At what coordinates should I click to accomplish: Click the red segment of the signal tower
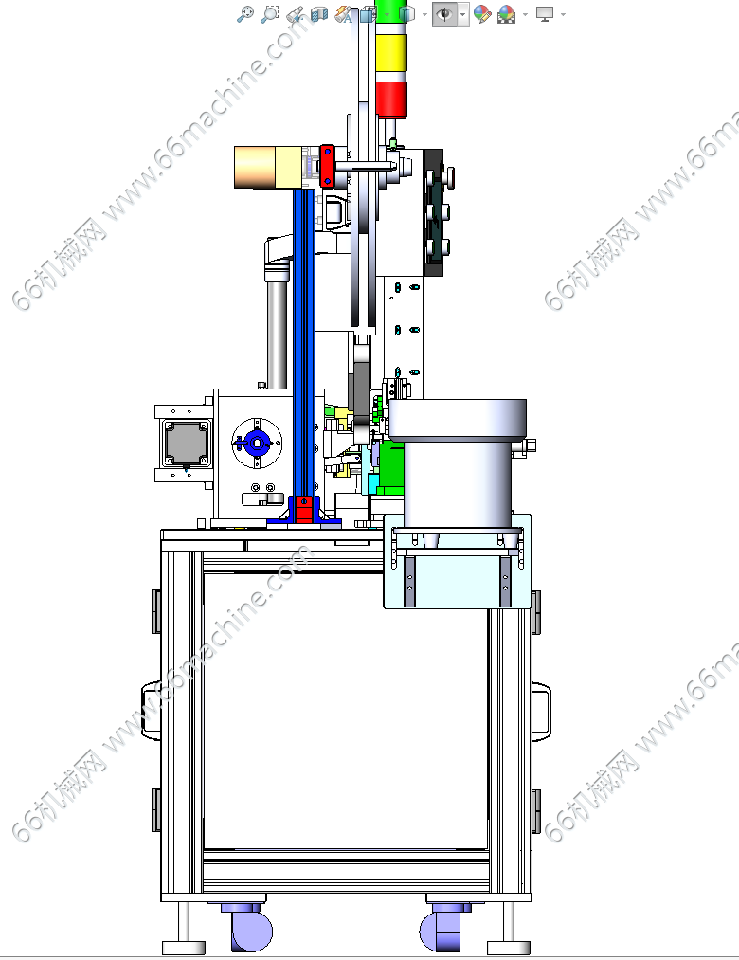tap(391, 100)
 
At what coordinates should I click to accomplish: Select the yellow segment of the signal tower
tap(391, 53)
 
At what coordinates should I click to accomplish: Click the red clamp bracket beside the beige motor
tap(327, 165)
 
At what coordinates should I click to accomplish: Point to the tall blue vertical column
tap(304, 343)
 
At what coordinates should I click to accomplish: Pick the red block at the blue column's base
tap(304, 509)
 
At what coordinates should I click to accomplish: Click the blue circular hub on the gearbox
tap(257, 443)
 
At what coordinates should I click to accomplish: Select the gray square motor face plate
tap(187, 444)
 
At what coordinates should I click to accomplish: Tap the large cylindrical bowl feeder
tap(458, 463)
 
